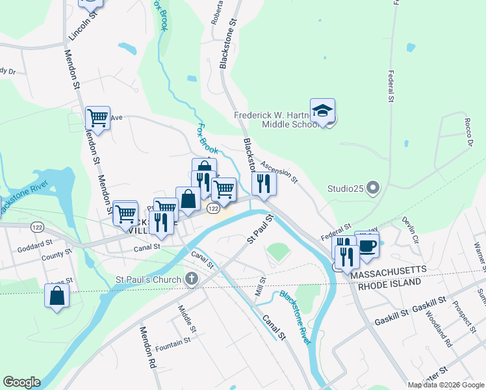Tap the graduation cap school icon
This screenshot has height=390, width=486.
(x=322, y=111)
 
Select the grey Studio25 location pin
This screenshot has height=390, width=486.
(x=372, y=188)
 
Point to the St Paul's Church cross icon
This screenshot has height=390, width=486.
(x=191, y=279)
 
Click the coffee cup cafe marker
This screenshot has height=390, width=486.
(x=367, y=246)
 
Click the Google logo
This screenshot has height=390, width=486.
(x=21, y=382)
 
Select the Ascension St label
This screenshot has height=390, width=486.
(x=279, y=171)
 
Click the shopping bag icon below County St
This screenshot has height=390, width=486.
(x=57, y=296)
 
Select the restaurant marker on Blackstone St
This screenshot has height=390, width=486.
(x=263, y=184)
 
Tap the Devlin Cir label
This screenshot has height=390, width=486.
(x=411, y=231)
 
